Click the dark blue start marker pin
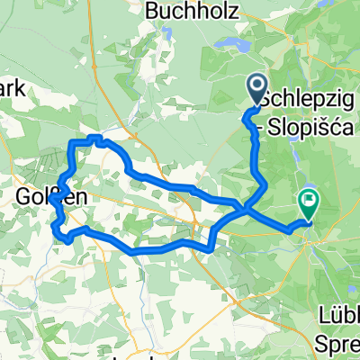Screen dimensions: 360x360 256,90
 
